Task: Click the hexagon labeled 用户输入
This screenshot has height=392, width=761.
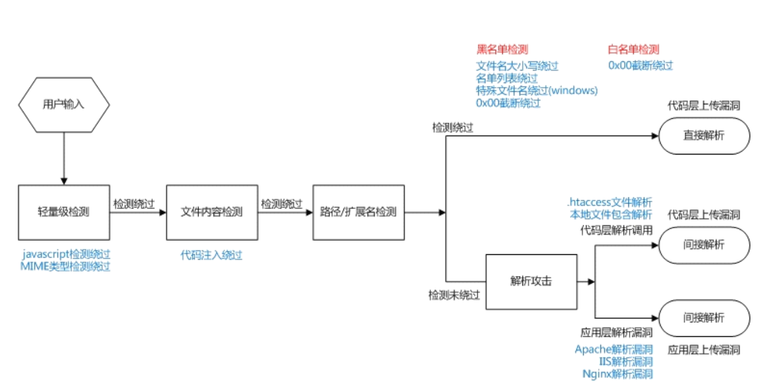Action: click(64, 104)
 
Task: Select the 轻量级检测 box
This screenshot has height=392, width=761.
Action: click(64, 212)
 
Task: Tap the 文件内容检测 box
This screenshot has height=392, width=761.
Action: click(212, 212)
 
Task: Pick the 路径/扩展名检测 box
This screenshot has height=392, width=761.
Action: click(358, 212)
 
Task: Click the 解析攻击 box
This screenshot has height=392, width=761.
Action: click(531, 282)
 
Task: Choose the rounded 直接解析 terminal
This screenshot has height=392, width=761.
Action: click(704, 135)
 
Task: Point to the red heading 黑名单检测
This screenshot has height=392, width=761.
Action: click(502, 50)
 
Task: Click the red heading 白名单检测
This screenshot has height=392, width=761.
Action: click(633, 50)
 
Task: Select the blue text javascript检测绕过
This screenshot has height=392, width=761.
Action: click(66, 254)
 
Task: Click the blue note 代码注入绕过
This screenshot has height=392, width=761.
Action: click(211, 255)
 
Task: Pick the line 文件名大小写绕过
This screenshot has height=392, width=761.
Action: click(517, 66)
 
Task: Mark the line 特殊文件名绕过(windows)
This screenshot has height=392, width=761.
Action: click(536, 90)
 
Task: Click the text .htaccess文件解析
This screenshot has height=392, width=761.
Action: click(610, 202)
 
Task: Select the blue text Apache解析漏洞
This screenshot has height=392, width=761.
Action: click(613, 350)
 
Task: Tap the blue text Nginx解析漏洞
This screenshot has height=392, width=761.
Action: click(617, 374)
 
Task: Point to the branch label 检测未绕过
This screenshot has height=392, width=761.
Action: click(453, 295)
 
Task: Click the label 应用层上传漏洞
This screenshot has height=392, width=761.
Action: click(704, 350)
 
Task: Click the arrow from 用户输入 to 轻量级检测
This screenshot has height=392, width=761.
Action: click(64, 158)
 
